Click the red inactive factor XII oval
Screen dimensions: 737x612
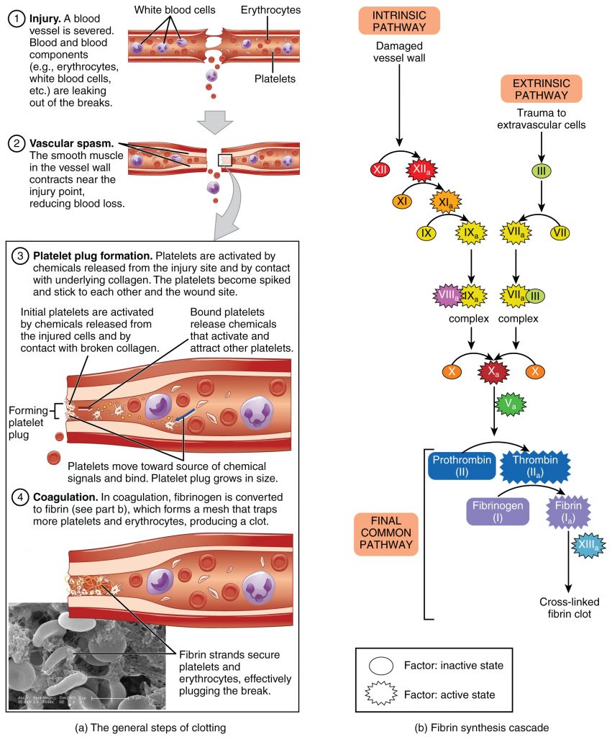tap(380, 171)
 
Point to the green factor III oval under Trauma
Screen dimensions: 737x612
tap(542, 171)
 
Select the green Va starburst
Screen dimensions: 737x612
tap(511, 404)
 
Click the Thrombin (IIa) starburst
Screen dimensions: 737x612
tap(537, 465)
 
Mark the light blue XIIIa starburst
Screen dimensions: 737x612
tap(590, 547)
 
